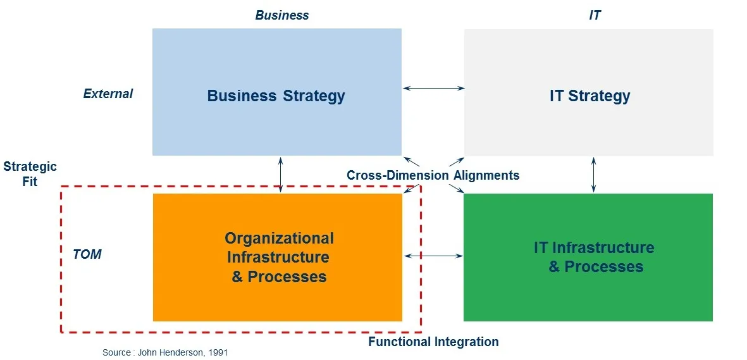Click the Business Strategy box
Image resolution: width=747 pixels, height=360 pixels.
coord(277,92)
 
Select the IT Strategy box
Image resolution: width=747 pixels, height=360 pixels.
coord(589,92)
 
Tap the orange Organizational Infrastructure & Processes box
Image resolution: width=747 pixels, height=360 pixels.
coord(278,258)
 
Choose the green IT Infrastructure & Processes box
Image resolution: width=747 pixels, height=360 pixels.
coord(588,258)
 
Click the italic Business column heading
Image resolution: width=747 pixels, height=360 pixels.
coord(282,15)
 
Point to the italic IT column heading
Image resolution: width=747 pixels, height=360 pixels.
coord(595,15)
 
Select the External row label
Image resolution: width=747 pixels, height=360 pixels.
coord(108,94)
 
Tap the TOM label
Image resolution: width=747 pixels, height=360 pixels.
coord(87,254)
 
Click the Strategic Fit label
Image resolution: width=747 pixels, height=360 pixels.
coord(30,174)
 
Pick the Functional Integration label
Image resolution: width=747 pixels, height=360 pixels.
coord(433,342)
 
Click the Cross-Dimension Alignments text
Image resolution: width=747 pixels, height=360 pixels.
coord(433,175)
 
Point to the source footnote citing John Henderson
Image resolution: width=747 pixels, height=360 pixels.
coord(165,353)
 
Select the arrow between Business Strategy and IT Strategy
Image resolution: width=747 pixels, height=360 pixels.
coord(433,88)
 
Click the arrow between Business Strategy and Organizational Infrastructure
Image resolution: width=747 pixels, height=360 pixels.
coord(281,175)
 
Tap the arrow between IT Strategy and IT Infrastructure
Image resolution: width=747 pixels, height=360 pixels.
coord(593,175)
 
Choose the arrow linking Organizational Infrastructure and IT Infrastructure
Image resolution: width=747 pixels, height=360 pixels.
coord(433,256)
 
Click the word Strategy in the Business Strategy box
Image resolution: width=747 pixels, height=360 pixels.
coord(314,96)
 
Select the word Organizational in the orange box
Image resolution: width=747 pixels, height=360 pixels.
coord(279,238)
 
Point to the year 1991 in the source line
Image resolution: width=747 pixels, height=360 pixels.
coord(218,353)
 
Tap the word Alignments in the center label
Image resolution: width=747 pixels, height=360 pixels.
coord(486,175)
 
